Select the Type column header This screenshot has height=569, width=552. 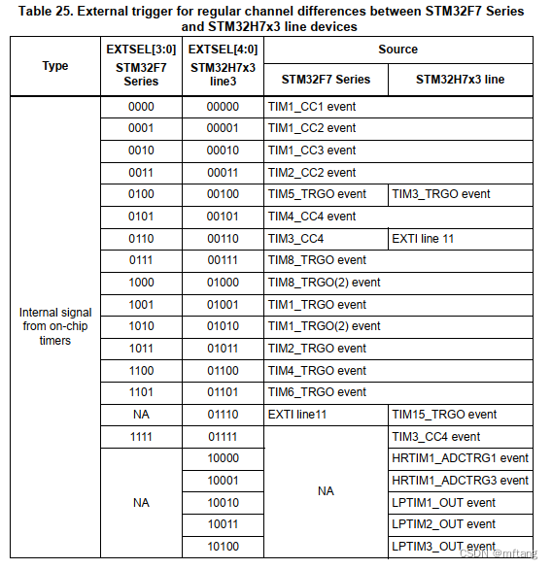[x=55, y=66]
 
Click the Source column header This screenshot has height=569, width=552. [x=397, y=49]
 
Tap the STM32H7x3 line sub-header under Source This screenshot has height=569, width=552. [x=460, y=80]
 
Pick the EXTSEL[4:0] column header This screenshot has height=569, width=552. [x=223, y=49]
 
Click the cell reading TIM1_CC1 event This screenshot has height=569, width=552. [x=311, y=107]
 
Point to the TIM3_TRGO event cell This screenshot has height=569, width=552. [x=441, y=194]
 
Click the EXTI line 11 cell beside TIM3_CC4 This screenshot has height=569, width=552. [x=423, y=238]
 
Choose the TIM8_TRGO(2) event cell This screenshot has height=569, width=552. [x=324, y=283]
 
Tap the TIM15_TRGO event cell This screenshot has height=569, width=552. [x=444, y=415]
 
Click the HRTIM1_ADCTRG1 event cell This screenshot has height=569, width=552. [x=460, y=458]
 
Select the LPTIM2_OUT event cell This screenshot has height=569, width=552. [x=443, y=524]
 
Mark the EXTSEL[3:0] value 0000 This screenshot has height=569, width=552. [x=142, y=107]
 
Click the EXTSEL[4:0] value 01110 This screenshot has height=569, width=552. [x=223, y=415]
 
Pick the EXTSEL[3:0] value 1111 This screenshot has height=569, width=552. [x=142, y=437]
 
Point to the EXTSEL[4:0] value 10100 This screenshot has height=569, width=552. [x=223, y=547]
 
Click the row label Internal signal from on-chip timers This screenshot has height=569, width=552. [x=55, y=326]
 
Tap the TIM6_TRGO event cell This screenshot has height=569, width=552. [x=317, y=392]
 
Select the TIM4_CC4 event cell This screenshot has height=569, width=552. [x=311, y=217]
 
